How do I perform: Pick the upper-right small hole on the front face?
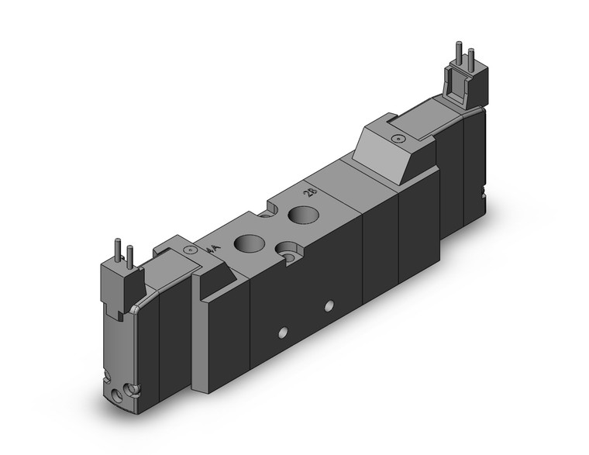(329, 305)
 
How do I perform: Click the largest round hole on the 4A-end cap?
(115, 395)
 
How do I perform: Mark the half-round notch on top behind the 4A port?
(276, 207)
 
